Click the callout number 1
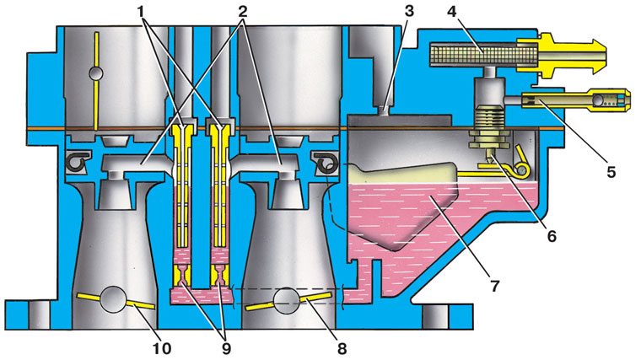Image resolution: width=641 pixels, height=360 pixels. pyautogui.click(x=142, y=13)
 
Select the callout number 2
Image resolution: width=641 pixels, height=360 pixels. pyautogui.click(x=243, y=13)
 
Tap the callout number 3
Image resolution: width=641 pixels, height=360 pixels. pyautogui.click(x=409, y=12)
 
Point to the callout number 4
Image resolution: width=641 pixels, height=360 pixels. pyautogui.click(x=452, y=12)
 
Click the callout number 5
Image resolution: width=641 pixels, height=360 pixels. pyautogui.click(x=611, y=172)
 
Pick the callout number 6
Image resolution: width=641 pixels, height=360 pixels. pyautogui.click(x=552, y=236)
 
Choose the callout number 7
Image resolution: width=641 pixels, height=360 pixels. pyautogui.click(x=495, y=286)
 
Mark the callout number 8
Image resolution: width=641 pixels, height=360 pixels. pyautogui.click(x=342, y=348)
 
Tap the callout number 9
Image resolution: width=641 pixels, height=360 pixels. pyautogui.click(x=226, y=348)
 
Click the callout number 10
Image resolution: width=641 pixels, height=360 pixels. pyautogui.click(x=162, y=348)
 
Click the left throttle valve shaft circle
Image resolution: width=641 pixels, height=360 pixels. pyautogui.click(x=113, y=299)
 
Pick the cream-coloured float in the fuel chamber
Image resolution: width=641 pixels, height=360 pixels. pyautogui.click(x=405, y=174)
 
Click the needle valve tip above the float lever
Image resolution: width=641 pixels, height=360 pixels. pyautogui.click(x=490, y=156)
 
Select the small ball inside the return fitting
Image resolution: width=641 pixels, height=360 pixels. pyautogui.click(x=600, y=99)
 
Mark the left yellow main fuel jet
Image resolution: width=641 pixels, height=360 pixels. pyautogui.click(x=182, y=276)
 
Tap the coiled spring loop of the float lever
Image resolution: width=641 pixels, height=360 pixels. pyautogui.click(x=521, y=169)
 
